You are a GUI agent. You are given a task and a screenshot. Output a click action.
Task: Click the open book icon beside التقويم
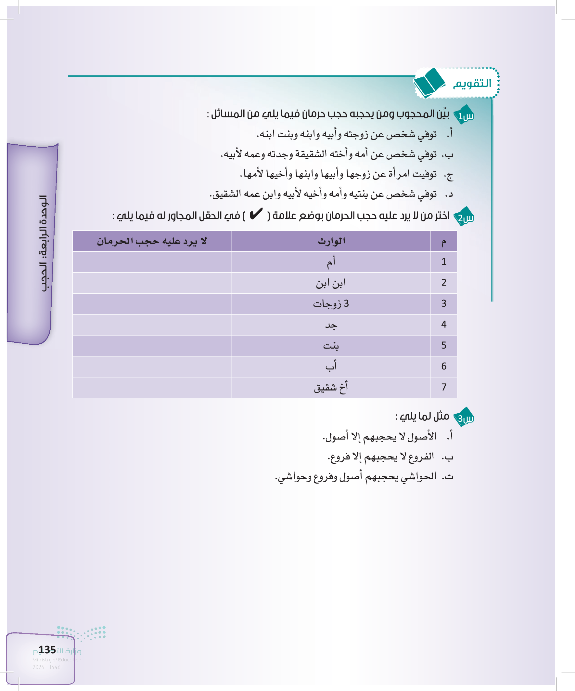point(429,83)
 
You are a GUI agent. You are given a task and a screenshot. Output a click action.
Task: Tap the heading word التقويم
point(472,84)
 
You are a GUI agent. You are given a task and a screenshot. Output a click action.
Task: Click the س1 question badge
point(464,115)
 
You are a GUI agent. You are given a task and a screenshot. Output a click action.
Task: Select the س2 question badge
point(464,217)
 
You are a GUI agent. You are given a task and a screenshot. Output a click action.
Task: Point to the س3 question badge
point(464,418)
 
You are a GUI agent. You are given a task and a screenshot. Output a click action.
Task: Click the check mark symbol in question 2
point(256,214)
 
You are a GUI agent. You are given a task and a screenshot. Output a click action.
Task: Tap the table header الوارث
point(331,241)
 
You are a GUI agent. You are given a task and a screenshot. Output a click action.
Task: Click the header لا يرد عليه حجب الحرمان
point(152,241)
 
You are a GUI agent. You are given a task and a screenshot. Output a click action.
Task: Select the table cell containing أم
point(331,262)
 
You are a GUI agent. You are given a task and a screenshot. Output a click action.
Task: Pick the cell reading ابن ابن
point(331,283)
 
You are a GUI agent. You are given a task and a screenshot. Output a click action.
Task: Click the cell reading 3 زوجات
point(331,304)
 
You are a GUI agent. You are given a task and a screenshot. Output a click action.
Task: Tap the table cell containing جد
point(331,325)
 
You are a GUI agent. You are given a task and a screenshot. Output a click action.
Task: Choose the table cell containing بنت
point(331,345)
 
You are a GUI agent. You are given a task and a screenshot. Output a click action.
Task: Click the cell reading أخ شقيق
point(331,388)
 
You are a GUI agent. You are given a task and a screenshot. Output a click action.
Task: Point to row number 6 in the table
point(443,366)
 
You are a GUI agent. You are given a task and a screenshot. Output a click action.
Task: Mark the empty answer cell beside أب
point(152,366)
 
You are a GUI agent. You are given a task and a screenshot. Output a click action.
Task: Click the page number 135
point(47,650)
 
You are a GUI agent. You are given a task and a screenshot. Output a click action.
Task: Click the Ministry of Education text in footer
point(57,659)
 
